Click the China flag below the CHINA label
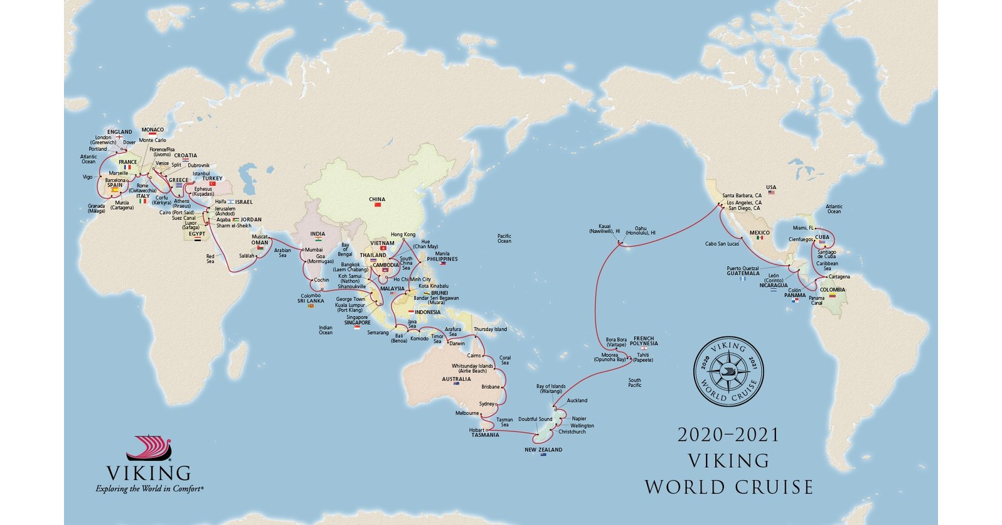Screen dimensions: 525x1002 (378, 205)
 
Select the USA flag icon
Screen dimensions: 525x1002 (771, 193)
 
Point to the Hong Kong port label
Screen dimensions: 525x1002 (403, 235)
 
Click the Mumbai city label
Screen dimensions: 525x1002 (314, 250)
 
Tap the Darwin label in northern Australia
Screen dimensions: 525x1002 (457, 344)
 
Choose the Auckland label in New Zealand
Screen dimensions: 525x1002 (577, 401)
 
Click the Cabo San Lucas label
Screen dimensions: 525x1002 (722, 244)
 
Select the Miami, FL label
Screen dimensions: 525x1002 (804, 228)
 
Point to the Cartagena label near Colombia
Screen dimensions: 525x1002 (839, 277)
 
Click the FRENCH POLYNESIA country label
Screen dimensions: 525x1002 (646, 341)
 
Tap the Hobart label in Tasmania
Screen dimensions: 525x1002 (477, 430)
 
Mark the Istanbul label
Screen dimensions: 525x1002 (201, 173)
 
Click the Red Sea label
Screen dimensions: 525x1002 (210, 259)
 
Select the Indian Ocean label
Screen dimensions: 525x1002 (326, 330)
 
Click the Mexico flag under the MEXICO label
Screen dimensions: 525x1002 (759, 239)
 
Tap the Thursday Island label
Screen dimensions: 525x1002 (490, 330)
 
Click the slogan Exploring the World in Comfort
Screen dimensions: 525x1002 (149, 489)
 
